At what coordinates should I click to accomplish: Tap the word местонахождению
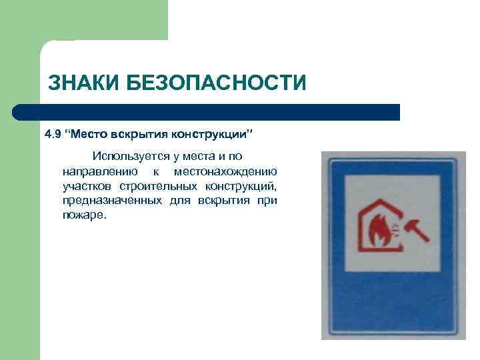(x=225, y=171)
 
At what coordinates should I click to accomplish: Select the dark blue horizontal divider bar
(x=207, y=112)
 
